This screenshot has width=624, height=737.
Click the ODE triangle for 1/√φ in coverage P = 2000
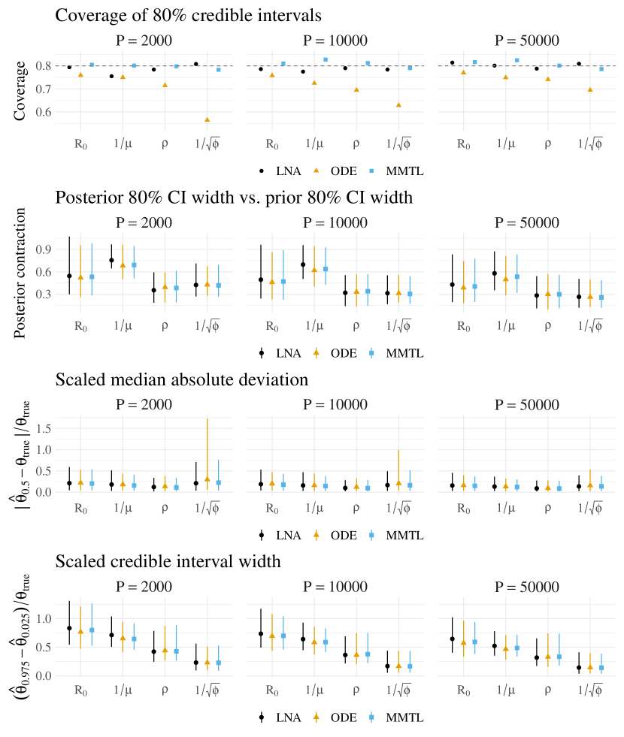click(x=207, y=119)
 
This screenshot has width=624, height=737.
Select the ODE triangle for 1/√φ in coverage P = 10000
click(x=398, y=104)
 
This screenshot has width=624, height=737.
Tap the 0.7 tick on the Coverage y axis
click(x=46, y=89)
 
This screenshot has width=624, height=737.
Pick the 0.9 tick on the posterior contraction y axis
click(x=46, y=249)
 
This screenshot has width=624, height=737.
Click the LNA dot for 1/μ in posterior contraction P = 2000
click(x=111, y=260)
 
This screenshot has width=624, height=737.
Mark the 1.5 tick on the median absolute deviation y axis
click(x=46, y=428)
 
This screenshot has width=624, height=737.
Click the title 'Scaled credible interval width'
click(x=168, y=561)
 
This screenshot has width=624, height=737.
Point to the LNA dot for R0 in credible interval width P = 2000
click(x=69, y=628)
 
